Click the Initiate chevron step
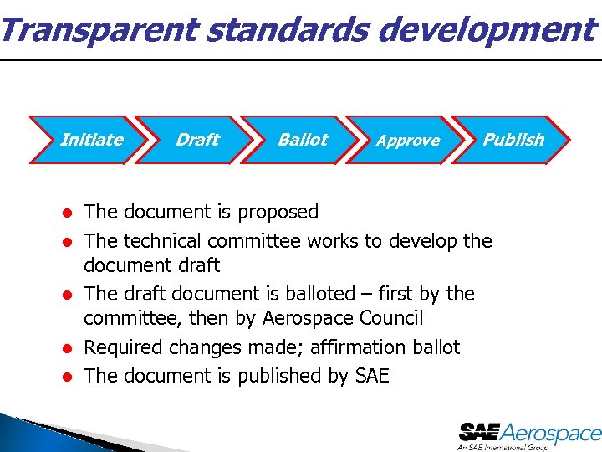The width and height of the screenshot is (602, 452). [x=91, y=140]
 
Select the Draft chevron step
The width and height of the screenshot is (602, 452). [x=197, y=140]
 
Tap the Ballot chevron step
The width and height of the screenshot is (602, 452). [x=303, y=140]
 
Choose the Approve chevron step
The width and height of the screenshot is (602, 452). [x=408, y=141]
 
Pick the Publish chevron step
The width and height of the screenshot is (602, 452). [x=513, y=140]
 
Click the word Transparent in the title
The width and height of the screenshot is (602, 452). [x=98, y=30]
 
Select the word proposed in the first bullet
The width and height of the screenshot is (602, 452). [x=278, y=213]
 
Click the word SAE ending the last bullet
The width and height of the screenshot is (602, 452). [x=372, y=376]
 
